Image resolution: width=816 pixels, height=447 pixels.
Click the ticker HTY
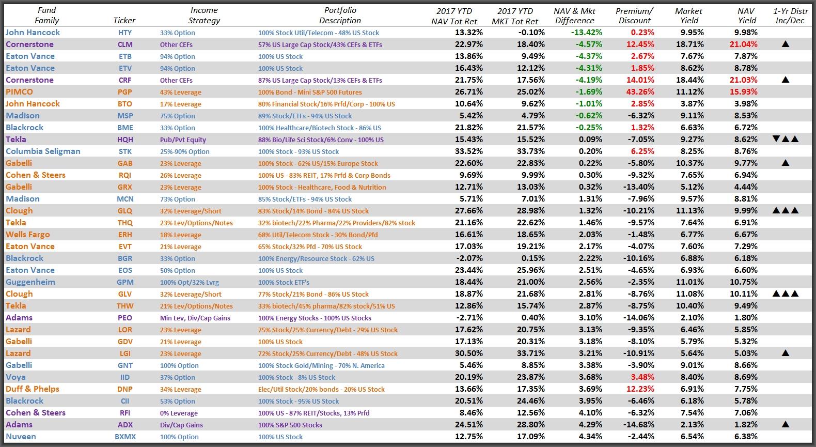coord(124,33)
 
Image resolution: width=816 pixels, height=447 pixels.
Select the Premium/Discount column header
coord(634,16)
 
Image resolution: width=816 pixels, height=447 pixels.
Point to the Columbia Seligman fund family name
coord(43,151)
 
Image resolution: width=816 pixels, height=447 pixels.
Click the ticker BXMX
coord(124,437)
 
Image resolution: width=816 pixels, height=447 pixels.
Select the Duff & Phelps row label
coord(32,389)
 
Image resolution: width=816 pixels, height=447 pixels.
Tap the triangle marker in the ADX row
coord(786,425)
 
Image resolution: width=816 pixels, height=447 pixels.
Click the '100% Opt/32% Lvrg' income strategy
coord(189,282)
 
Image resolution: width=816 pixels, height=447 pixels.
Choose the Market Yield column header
coord(688,16)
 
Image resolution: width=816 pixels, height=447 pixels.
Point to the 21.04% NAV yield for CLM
coord(743,44)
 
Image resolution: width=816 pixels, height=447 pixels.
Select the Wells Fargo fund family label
coord(27,235)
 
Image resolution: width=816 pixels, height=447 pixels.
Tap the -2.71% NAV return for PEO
coord(469,318)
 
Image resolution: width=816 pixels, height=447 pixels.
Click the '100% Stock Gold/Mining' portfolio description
coord(321,365)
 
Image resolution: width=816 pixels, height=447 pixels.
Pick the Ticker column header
coord(124,21)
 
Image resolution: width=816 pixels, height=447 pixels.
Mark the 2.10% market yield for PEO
coord(692,318)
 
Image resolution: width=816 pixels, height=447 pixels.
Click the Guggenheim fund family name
coord(30,282)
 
